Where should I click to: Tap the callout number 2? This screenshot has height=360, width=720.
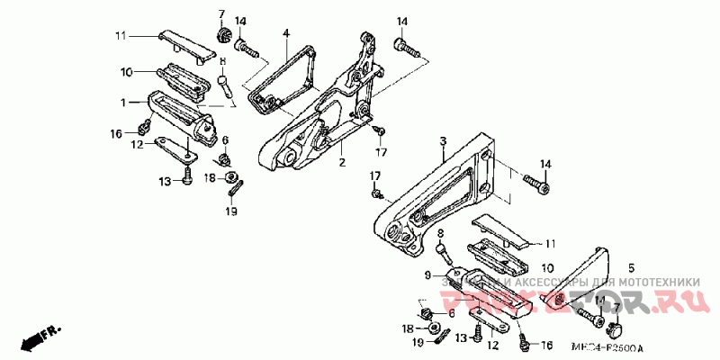342,164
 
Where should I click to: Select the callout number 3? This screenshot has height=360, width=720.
444,141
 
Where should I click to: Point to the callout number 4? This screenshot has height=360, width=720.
285,33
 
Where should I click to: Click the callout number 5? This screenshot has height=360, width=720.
631,268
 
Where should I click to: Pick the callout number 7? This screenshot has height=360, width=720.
220,13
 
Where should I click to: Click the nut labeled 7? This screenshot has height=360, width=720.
220,35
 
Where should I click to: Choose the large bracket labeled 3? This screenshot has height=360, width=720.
441,193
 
